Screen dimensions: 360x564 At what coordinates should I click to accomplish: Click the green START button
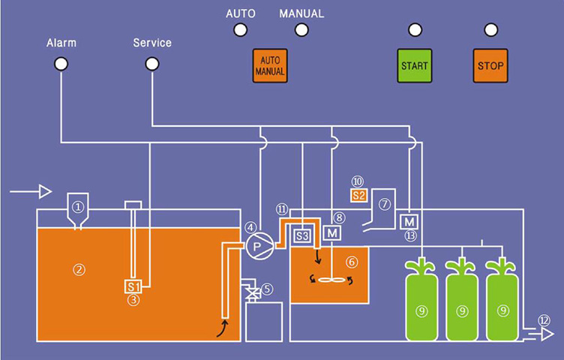415,66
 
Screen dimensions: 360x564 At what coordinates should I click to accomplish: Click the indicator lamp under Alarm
61,64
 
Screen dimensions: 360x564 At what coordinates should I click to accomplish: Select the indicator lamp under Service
151,64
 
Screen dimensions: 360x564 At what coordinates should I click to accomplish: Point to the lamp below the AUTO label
240,30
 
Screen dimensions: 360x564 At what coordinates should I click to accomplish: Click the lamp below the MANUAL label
301,30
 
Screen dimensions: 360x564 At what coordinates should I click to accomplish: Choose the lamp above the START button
415,30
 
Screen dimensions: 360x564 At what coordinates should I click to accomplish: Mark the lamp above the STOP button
490,30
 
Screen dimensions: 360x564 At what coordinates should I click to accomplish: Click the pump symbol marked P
257,244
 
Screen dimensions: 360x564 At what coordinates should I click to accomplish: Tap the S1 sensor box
133,286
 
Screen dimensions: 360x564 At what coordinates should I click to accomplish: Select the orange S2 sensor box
358,196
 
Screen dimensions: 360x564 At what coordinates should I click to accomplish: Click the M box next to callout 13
409,222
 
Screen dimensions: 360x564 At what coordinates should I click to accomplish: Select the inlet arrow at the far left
31,192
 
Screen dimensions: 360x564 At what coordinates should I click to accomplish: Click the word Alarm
61,43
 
